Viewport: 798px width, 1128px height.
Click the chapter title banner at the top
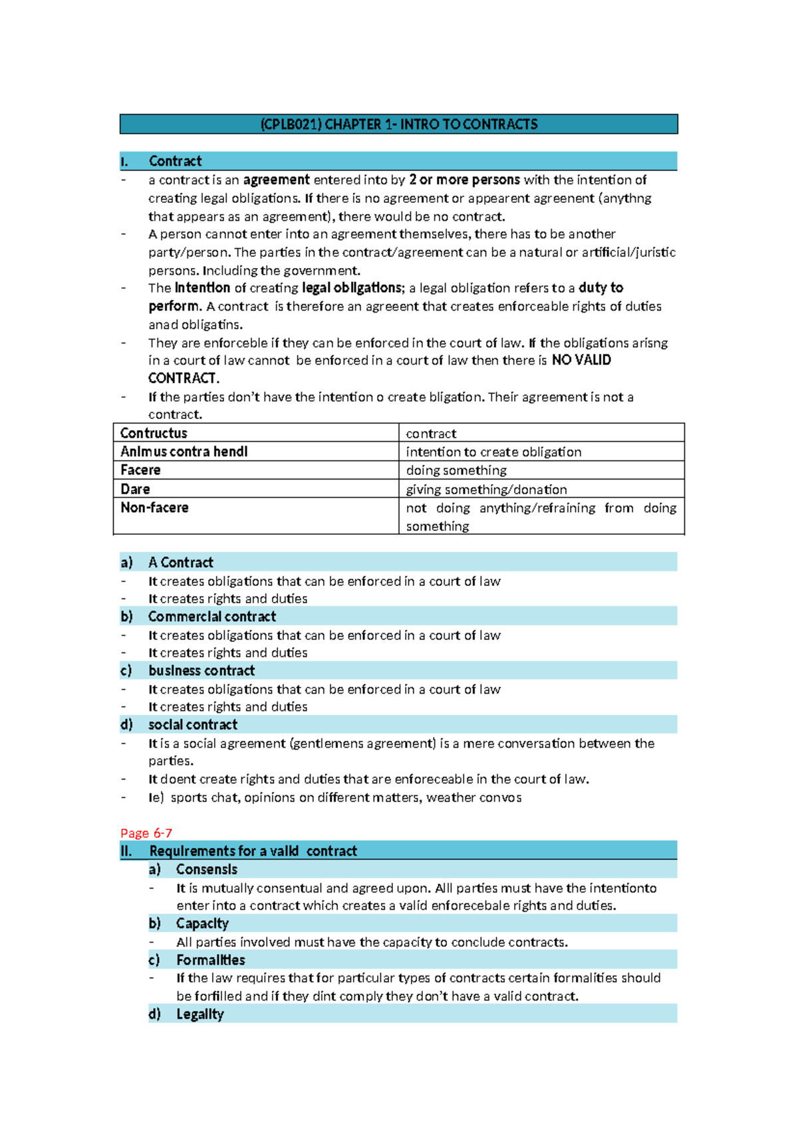398,124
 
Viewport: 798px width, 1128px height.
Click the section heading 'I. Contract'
175,161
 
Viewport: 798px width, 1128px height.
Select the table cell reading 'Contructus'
154,433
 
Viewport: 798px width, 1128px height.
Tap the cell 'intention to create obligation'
493,452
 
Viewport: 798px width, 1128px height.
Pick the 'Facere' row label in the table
140,470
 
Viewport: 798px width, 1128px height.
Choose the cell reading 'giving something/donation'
486,490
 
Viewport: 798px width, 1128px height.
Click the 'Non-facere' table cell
154,507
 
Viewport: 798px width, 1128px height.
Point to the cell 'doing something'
456,470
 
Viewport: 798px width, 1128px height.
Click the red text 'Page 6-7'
146,833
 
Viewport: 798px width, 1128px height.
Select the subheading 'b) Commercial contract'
211,617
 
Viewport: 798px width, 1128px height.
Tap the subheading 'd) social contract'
192,724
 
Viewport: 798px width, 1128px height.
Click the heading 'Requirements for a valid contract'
253,851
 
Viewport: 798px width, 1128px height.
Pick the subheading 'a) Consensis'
206,869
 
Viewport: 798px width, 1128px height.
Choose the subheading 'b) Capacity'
201,923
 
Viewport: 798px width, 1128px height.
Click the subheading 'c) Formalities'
210,960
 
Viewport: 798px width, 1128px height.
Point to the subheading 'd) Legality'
199,1014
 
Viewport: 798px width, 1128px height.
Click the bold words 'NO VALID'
581,360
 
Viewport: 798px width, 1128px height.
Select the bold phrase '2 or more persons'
464,180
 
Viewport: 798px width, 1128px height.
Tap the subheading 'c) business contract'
201,670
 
